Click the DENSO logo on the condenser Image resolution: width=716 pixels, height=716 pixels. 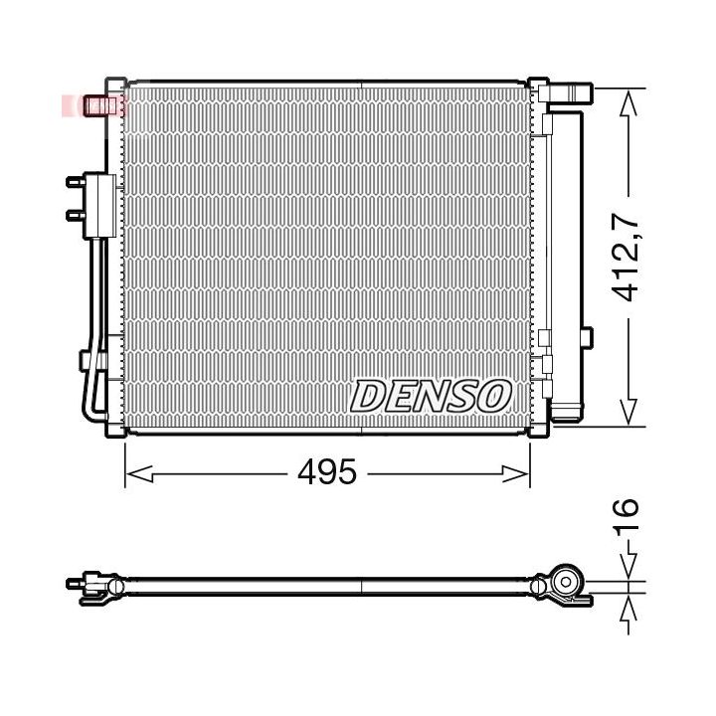point(431,396)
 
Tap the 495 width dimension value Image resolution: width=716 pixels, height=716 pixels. point(326,471)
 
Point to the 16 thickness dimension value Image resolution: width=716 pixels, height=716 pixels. point(625,517)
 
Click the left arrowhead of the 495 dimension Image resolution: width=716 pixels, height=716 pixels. point(139,474)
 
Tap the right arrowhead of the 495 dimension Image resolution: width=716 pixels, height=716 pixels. point(516,474)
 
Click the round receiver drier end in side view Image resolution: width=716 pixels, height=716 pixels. point(566,582)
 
